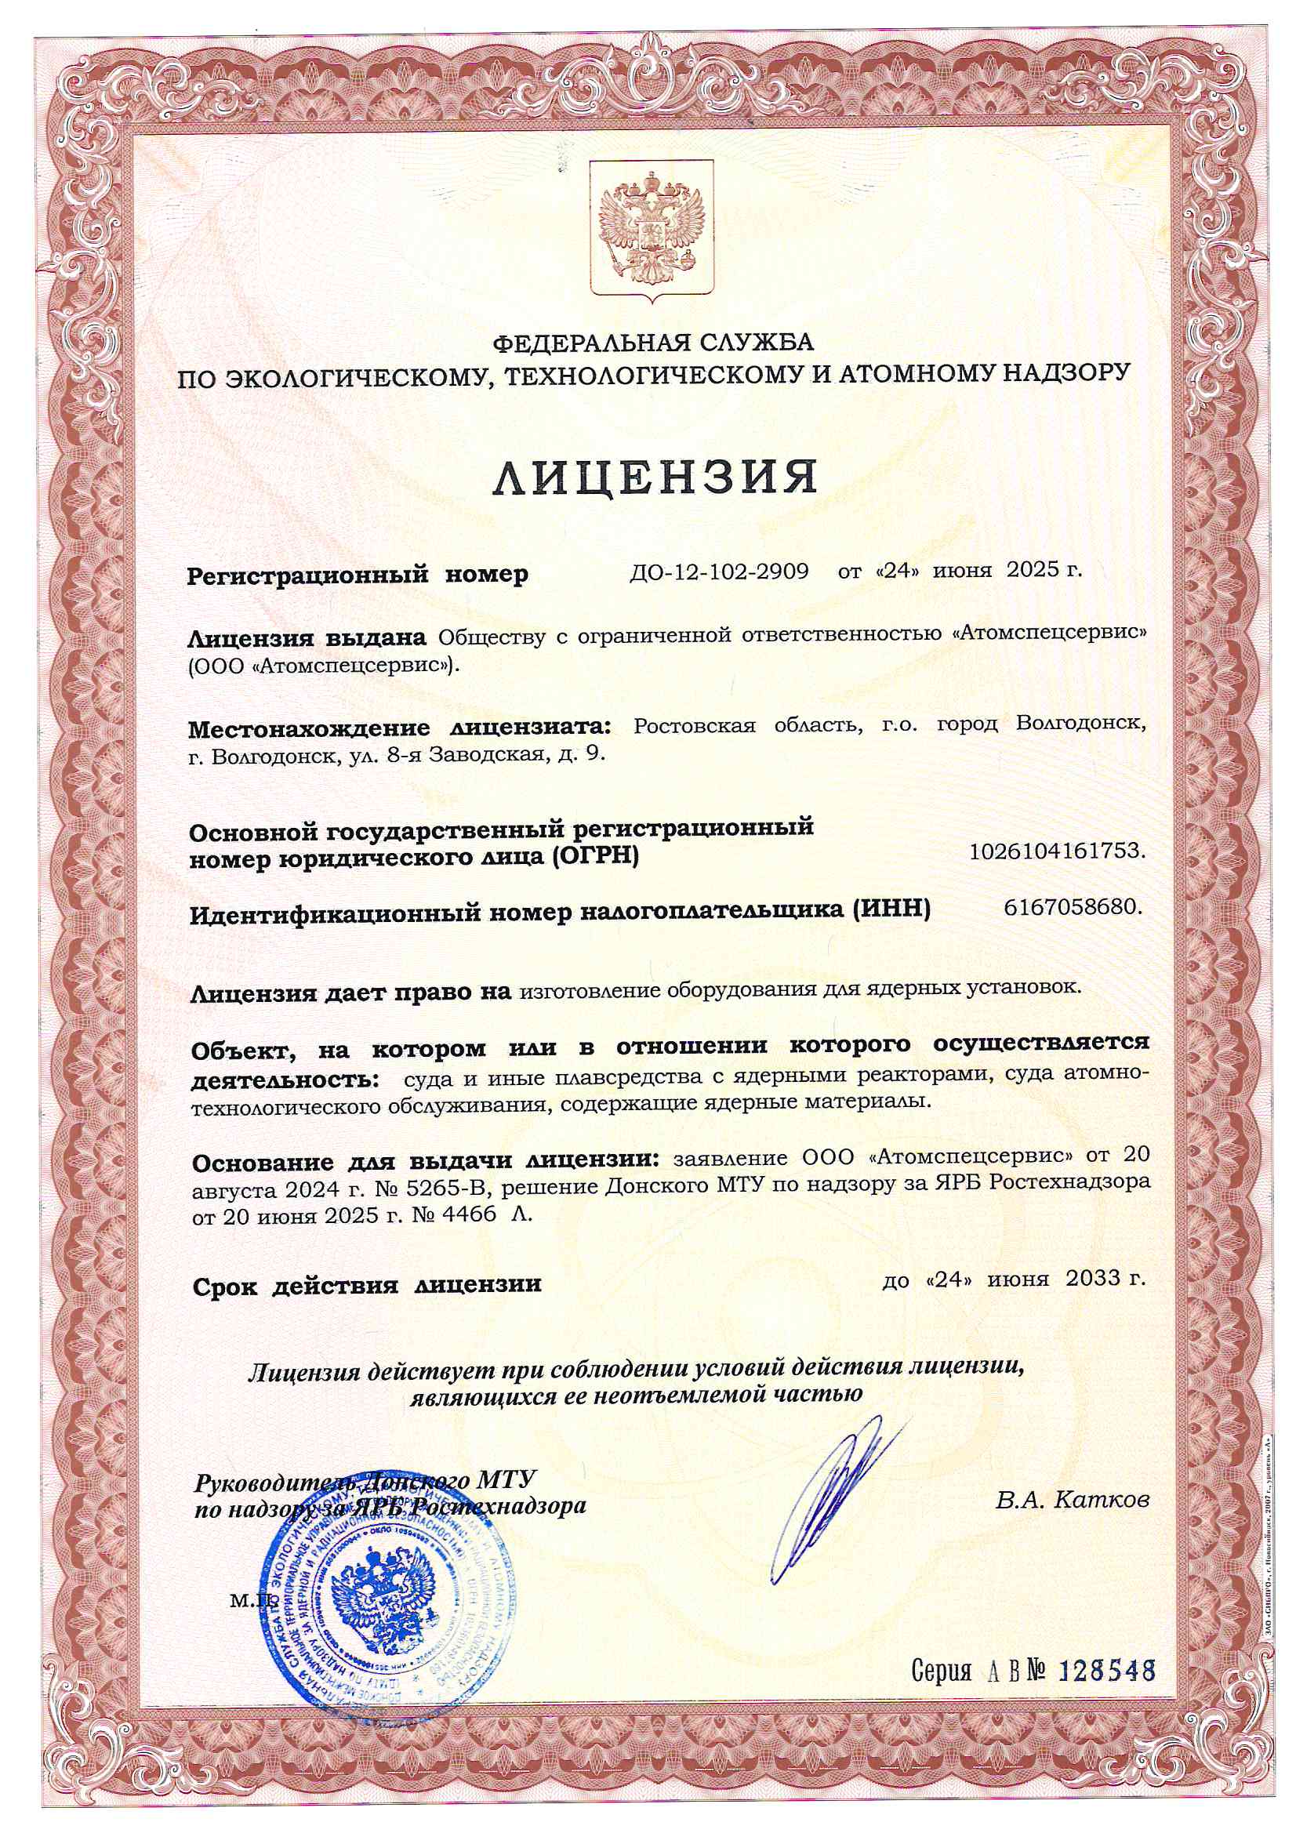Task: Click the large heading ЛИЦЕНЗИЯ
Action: [653, 477]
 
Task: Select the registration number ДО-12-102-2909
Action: [719, 572]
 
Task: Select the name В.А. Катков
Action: [1072, 1501]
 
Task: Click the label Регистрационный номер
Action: [357, 575]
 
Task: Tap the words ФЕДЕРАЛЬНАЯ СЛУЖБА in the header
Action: [652, 343]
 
